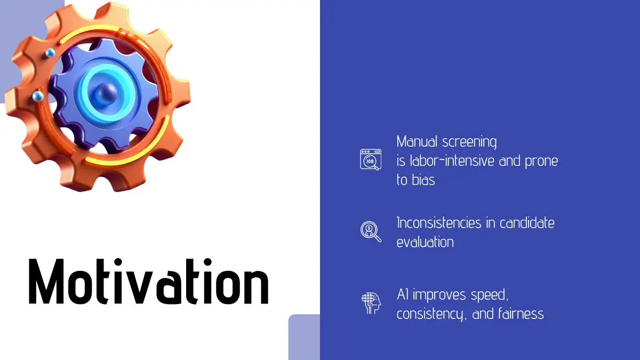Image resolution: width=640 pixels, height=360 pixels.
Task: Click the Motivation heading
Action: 149,281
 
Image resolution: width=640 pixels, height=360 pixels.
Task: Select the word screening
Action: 469,142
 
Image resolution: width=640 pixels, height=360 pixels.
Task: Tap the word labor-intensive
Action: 452,161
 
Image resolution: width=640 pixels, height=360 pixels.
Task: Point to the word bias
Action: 423,180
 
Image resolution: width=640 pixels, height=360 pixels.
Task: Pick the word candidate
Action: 527,222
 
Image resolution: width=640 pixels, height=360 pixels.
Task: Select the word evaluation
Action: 425,242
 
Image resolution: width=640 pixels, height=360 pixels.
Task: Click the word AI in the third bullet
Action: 403,294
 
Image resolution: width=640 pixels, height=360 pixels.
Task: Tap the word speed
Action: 490,295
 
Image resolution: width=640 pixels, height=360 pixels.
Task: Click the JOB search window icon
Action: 371,159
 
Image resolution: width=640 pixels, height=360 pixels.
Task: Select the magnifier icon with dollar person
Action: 371,231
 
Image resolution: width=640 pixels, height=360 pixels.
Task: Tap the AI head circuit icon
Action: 371,303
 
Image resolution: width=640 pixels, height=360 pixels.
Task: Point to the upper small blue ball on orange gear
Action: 50,53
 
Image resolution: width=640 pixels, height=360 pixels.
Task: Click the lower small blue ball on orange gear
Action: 37,97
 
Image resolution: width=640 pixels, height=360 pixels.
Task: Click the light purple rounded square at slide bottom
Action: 304,337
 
